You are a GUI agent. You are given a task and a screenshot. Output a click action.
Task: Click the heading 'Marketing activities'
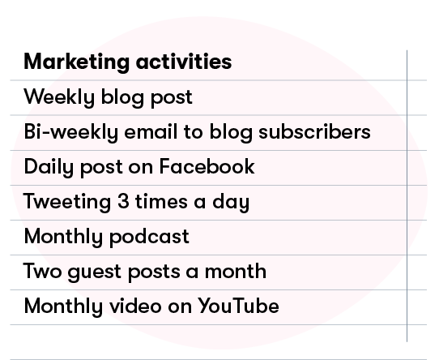click(x=128, y=62)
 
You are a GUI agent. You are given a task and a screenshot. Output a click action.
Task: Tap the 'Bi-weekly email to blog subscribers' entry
click(x=198, y=132)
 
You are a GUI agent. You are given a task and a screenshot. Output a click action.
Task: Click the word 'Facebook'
click(x=207, y=166)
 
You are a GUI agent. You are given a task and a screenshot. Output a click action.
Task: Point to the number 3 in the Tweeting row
click(x=123, y=202)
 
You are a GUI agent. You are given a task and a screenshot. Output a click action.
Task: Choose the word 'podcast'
click(x=149, y=238)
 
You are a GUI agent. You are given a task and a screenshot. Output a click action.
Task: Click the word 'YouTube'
click(x=239, y=306)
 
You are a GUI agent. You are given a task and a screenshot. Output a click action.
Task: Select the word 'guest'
click(x=95, y=272)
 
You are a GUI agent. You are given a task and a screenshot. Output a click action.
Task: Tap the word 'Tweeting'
click(x=67, y=203)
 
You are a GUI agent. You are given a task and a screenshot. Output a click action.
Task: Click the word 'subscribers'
click(x=315, y=131)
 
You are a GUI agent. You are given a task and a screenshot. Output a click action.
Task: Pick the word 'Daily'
click(x=49, y=167)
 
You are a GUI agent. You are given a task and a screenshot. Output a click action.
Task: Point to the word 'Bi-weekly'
click(x=71, y=132)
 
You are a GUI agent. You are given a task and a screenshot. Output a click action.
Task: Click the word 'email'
click(x=151, y=131)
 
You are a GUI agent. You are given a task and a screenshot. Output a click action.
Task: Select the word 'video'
click(x=135, y=306)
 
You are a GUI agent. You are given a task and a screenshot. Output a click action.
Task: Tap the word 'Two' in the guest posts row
click(x=43, y=271)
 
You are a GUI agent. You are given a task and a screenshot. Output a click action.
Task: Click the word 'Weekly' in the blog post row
click(x=59, y=98)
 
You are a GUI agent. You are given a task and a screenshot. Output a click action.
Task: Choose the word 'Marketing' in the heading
click(x=77, y=62)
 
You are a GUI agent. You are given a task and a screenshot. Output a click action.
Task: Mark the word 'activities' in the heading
click(x=184, y=61)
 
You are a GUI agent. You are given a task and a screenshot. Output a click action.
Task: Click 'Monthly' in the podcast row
click(x=63, y=238)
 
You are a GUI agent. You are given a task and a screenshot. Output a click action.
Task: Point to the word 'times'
click(x=161, y=201)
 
